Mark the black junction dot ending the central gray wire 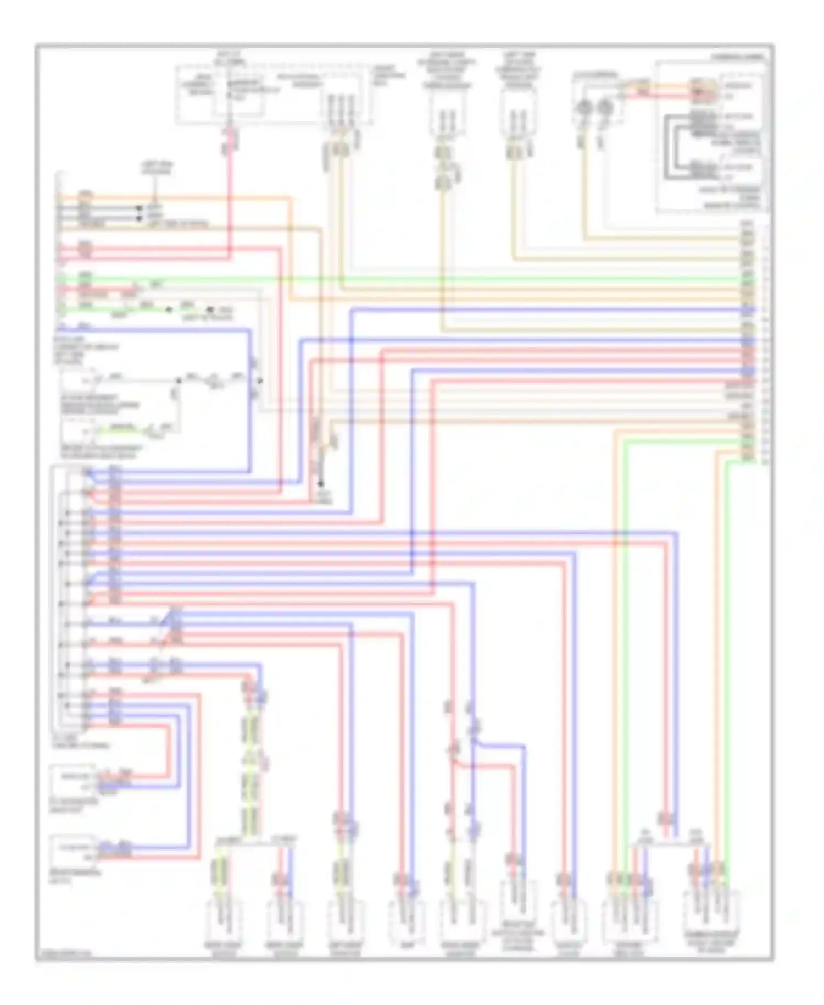(x=321, y=484)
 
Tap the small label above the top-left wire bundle (x=156, y=168)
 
